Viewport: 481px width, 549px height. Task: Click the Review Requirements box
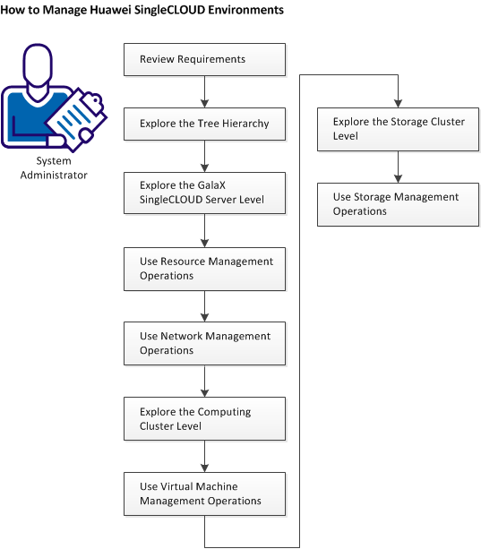(x=205, y=60)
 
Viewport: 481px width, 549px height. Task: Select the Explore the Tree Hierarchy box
(x=205, y=124)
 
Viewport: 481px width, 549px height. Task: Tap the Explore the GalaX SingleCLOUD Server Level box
(x=205, y=192)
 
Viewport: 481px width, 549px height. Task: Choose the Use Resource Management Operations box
(x=205, y=269)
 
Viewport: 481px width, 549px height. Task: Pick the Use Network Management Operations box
(x=205, y=343)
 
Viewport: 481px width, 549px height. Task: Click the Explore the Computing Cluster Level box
(x=205, y=419)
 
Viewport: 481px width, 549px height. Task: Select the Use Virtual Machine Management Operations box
(x=205, y=493)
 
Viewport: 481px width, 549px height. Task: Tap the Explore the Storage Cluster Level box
(x=398, y=129)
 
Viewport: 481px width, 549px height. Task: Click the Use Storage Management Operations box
(x=398, y=204)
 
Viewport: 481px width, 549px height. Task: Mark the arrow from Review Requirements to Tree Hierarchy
(x=205, y=91)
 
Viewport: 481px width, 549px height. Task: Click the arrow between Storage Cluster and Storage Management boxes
(x=398, y=167)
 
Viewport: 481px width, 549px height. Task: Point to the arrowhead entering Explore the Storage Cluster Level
(x=398, y=102)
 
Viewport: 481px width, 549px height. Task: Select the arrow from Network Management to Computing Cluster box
(x=205, y=382)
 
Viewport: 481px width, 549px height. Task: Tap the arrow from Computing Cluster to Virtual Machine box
(x=205, y=456)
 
